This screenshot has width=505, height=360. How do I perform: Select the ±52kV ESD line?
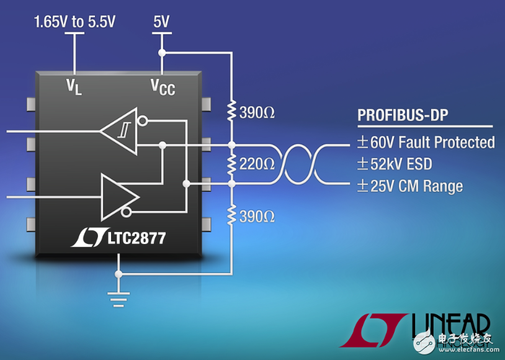(394, 164)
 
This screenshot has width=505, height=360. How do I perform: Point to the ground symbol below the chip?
(117, 299)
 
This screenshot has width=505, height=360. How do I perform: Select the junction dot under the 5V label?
(162, 52)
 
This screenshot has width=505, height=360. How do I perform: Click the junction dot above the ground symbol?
(117, 273)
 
